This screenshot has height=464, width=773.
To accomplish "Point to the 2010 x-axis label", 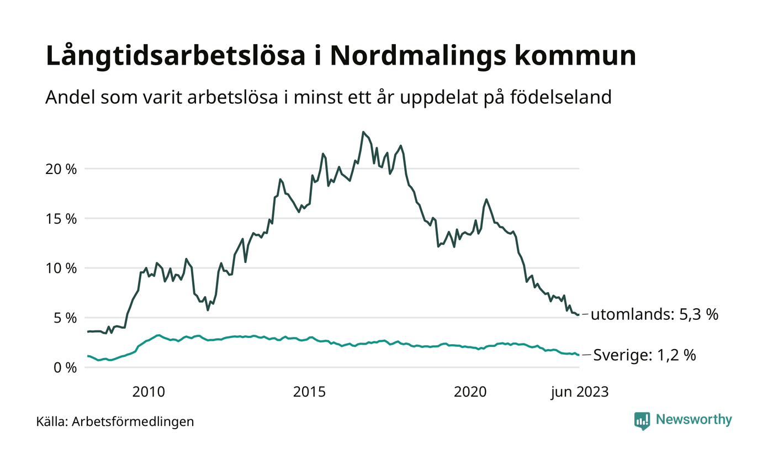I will pos(149,392).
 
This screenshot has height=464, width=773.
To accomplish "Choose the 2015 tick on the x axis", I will pos(309,392).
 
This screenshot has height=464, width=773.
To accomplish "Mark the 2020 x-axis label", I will pos(470,392).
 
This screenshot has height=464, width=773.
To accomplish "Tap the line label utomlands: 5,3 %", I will pos(654,315).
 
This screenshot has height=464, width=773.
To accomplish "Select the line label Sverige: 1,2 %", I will pos(644,356).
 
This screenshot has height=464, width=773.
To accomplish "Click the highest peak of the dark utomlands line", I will pos(363,132).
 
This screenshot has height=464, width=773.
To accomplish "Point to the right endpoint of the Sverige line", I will pos(579,355).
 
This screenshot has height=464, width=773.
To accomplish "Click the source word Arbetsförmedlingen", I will pos(133,422).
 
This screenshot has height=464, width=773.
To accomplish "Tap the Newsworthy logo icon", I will pos(642,420).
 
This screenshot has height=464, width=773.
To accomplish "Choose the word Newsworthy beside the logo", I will pos(694,420).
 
